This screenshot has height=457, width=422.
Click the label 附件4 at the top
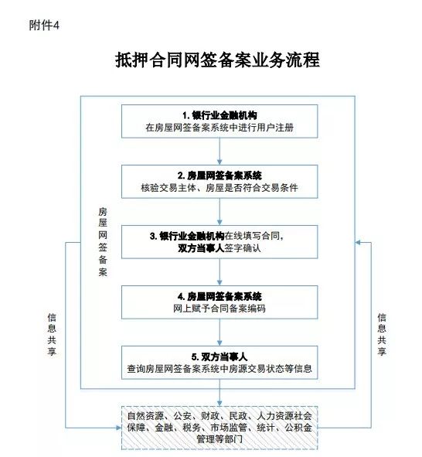[44, 25]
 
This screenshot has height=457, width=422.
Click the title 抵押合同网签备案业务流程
[217, 60]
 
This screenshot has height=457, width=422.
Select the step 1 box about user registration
[220, 121]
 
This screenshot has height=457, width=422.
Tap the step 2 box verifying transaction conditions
[220, 182]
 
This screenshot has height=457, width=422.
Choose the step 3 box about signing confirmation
[220, 242]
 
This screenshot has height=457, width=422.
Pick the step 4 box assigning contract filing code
[220, 302]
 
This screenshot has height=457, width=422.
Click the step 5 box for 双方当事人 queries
[220, 363]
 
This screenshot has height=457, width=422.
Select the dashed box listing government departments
[220, 428]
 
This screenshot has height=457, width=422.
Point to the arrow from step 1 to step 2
[220, 152]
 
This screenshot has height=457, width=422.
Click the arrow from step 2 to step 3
[220, 212]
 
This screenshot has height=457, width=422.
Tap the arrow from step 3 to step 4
[220, 272]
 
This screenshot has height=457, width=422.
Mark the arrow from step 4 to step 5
[220, 333]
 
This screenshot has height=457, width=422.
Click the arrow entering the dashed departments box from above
[220, 393]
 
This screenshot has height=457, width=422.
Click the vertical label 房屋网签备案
[103, 241]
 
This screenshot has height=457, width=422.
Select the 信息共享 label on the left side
[52, 334]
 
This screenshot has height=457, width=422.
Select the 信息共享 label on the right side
[382, 334]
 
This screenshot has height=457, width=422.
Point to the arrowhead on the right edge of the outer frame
[358, 243]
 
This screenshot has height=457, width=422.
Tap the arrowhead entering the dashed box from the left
[118, 428]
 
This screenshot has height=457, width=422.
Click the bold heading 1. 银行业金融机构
[220, 115]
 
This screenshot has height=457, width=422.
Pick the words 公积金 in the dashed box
[298, 428]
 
